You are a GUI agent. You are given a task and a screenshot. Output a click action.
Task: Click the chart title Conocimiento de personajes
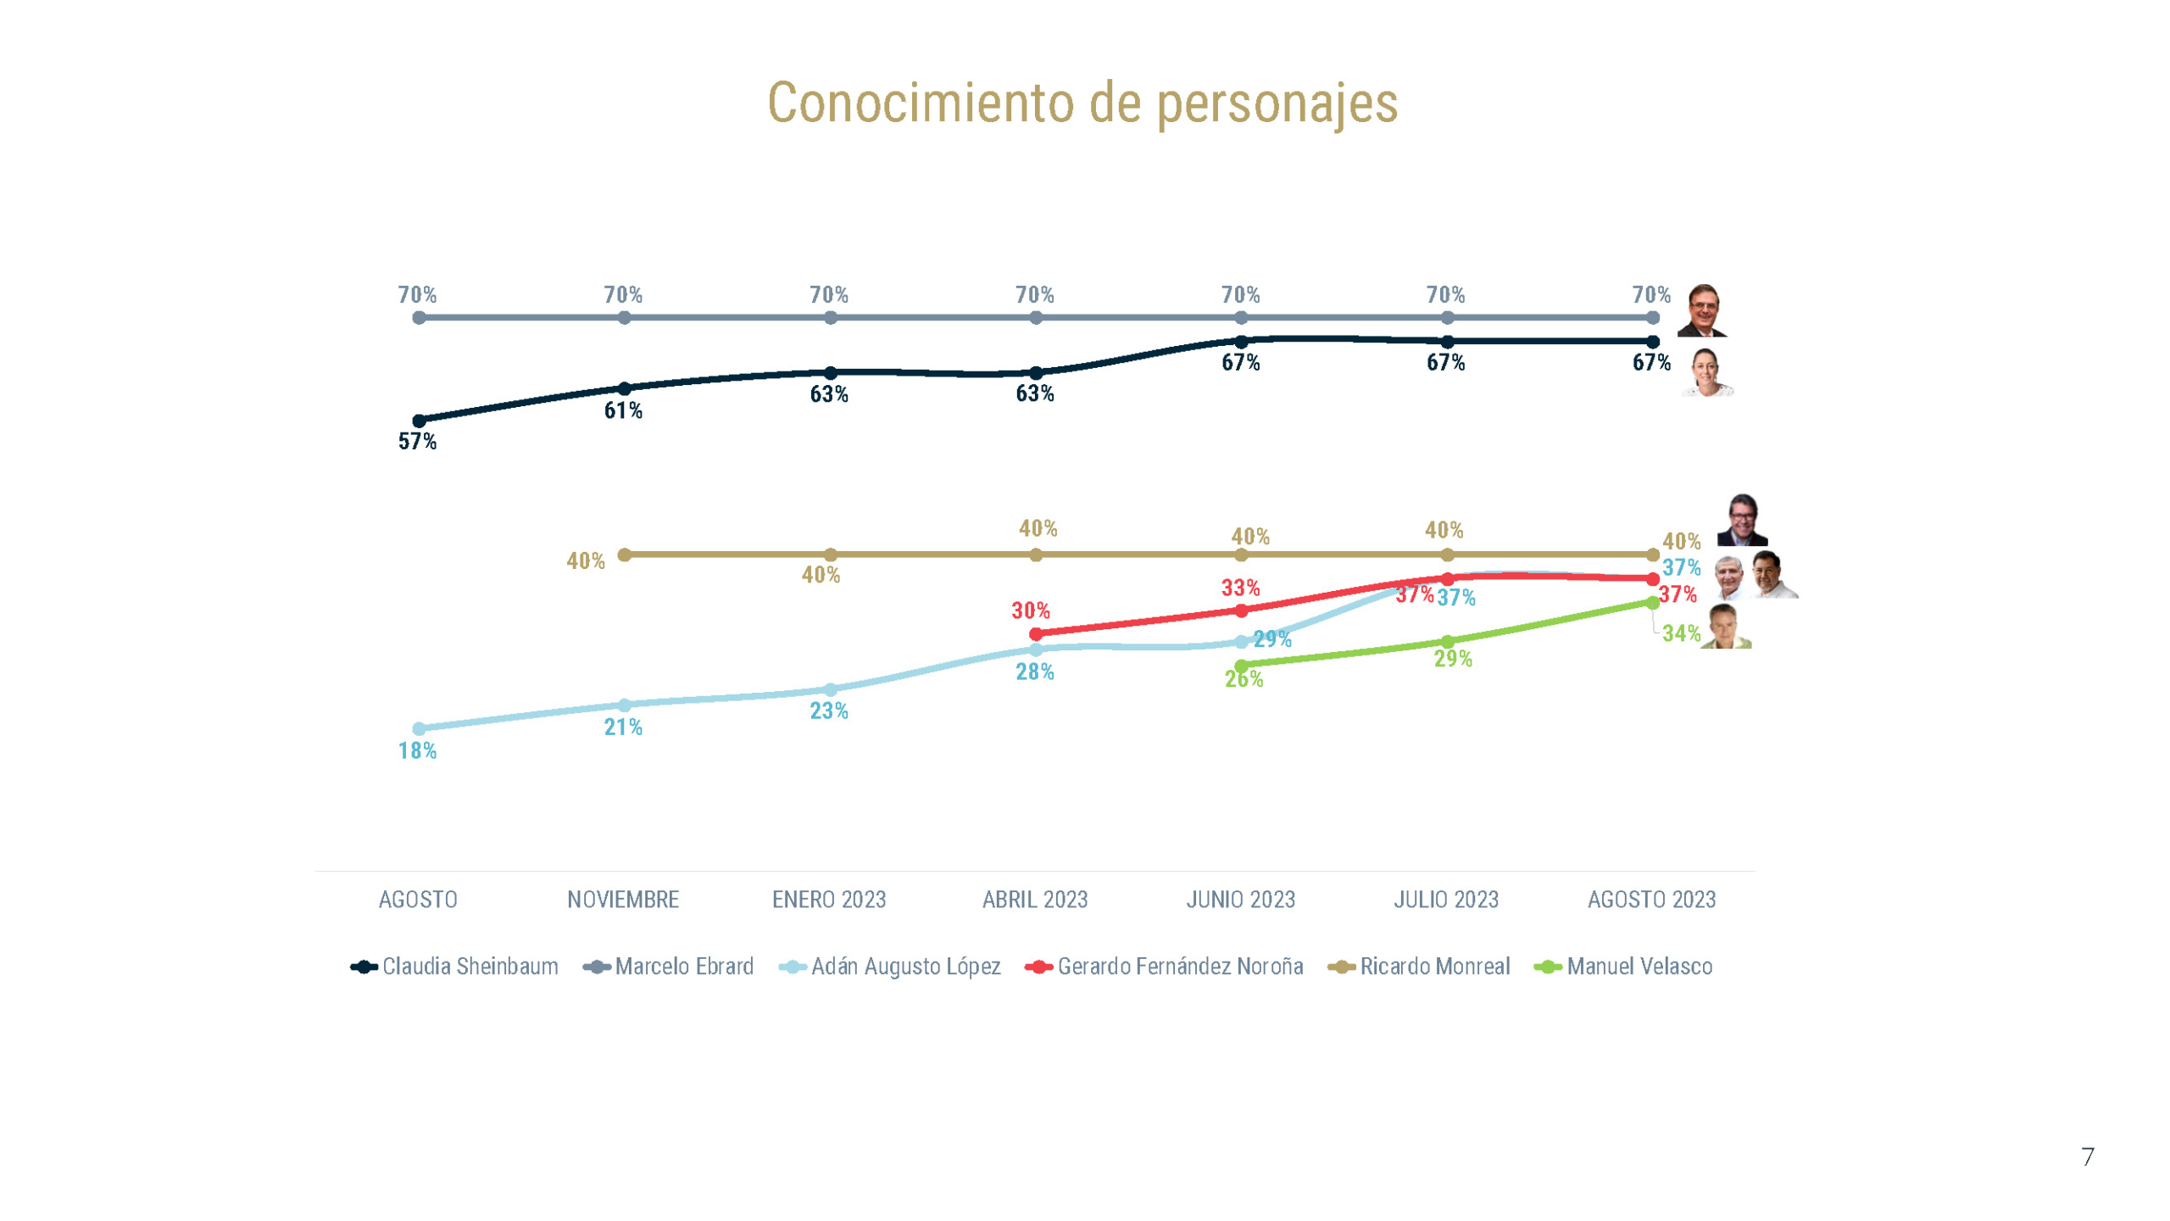click(x=1082, y=103)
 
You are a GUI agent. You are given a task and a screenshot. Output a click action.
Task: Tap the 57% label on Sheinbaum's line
click(x=417, y=442)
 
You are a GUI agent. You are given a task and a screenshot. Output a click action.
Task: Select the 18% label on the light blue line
click(x=417, y=751)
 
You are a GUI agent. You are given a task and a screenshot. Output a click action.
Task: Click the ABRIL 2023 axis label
click(x=1034, y=900)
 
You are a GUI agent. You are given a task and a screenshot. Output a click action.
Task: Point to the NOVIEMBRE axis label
click(x=623, y=900)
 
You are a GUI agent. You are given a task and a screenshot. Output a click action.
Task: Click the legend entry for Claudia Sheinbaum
click(x=455, y=967)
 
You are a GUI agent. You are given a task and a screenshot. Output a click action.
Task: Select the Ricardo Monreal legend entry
click(x=1419, y=967)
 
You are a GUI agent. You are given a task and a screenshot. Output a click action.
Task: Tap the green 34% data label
click(x=1681, y=633)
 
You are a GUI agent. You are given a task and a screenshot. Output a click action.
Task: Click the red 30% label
click(x=1030, y=610)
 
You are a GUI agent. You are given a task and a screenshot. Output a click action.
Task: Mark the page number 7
click(x=2087, y=1157)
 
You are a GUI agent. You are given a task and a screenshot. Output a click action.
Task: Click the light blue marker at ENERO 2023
click(x=831, y=690)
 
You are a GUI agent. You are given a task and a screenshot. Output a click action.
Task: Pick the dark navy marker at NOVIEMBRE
click(x=624, y=389)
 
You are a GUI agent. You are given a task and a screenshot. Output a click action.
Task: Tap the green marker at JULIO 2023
click(x=1448, y=642)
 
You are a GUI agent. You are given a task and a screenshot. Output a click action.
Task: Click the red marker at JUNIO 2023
click(x=1241, y=610)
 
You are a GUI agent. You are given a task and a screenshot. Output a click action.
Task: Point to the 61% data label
click(x=623, y=411)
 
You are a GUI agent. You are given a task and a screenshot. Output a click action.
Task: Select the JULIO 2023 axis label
click(x=1446, y=900)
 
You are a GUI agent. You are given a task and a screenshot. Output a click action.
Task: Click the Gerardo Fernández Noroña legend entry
click(x=1165, y=967)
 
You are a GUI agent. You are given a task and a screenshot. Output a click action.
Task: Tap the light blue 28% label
click(x=1034, y=672)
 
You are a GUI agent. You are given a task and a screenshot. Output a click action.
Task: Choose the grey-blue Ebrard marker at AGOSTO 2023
click(x=1653, y=318)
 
